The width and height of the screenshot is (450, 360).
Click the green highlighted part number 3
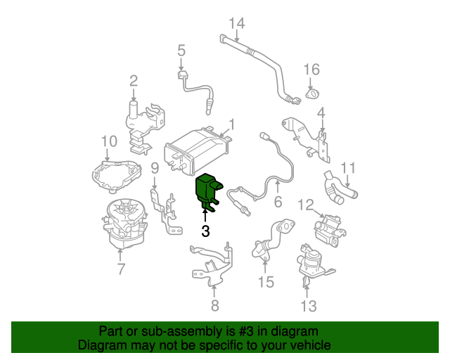pos(206,190)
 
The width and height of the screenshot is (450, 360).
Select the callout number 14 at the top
pos(236,24)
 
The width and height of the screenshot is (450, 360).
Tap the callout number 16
pos(311,69)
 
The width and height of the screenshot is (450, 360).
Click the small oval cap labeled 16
pos(312,94)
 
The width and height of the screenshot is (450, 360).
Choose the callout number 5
pos(181,51)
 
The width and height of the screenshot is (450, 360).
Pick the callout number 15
pos(265,283)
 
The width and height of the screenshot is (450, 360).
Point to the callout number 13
pos(309,305)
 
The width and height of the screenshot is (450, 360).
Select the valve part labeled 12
pos(330,229)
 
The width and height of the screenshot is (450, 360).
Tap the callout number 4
pos(321,112)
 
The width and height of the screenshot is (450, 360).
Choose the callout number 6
pos(277,202)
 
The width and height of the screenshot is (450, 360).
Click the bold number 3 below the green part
pos(205,231)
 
